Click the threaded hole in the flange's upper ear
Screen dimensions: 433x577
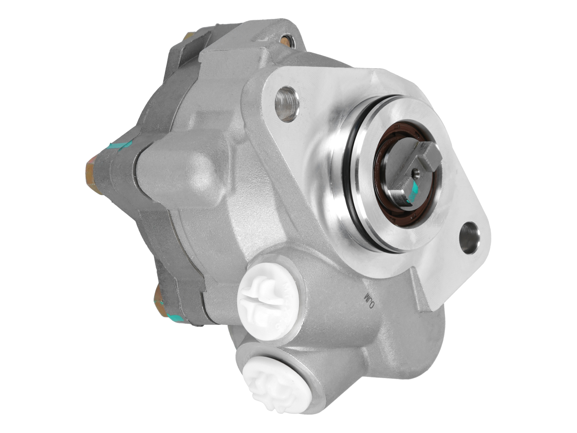pyautogui.click(x=287, y=102)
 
